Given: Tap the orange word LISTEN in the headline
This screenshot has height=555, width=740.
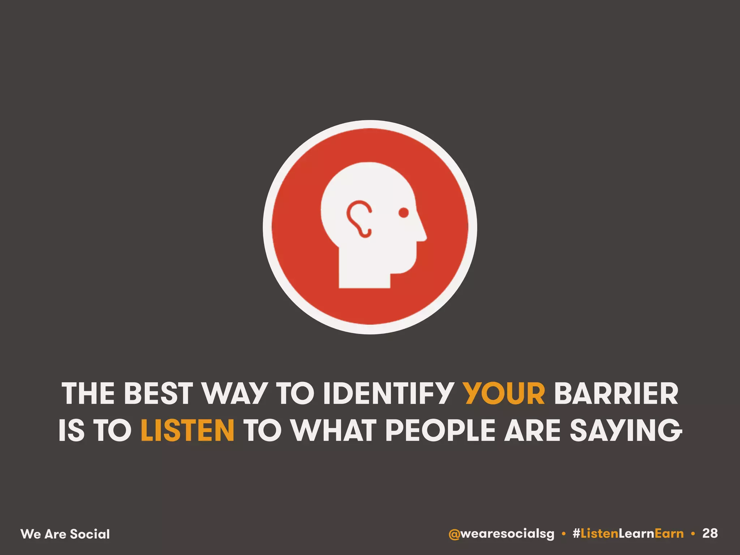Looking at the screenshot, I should pyautogui.click(x=188, y=430).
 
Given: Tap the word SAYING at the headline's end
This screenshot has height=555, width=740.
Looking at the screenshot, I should pyautogui.click(x=626, y=430).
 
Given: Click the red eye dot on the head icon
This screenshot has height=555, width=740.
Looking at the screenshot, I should pyautogui.click(x=404, y=213).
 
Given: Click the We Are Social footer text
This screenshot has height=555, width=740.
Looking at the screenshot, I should pyautogui.click(x=65, y=534).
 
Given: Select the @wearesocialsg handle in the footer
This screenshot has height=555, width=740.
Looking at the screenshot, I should pyautogui.click(x=501, y=534).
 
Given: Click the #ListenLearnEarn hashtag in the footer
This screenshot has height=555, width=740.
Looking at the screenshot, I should pyautogui.click(x=628, y=534).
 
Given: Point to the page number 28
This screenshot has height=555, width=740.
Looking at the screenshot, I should pyautogui.click(x=710, y=533).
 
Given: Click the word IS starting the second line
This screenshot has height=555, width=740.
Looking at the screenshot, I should pyautogui.click(x=72, y=430).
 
